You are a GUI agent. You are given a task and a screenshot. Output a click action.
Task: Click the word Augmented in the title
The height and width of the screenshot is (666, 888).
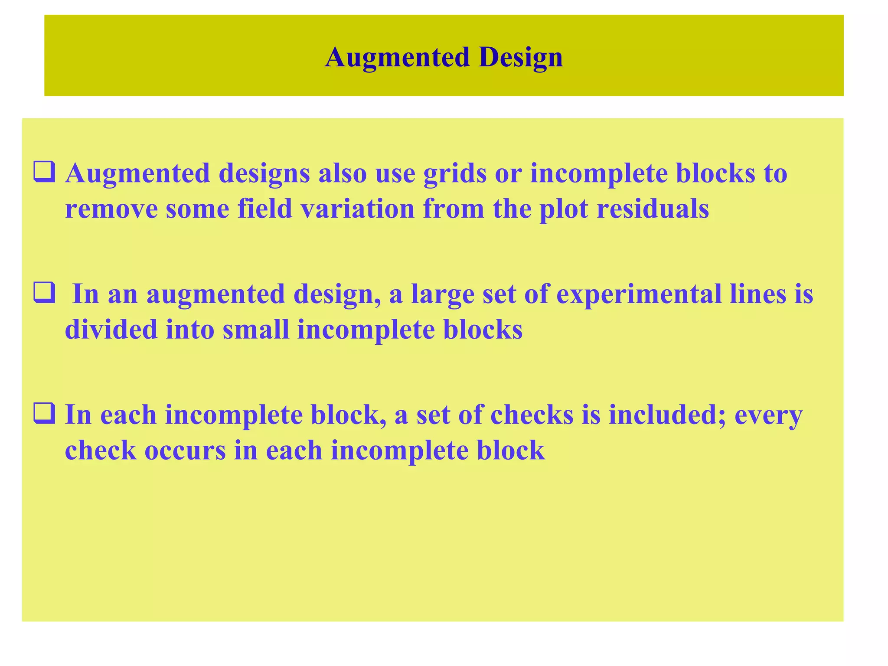point(397,58)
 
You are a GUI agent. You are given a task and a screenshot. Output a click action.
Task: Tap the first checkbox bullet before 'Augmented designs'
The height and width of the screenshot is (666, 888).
point(44,172)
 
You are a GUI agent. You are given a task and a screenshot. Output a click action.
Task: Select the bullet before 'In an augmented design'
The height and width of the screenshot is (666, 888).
point(44,293)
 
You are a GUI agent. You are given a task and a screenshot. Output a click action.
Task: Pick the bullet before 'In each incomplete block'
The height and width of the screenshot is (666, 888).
point(44,414)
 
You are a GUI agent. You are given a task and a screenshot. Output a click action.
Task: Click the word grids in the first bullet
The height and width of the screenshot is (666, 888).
point(455,173)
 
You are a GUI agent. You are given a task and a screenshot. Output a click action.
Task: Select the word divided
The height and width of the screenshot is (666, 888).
point(111,330)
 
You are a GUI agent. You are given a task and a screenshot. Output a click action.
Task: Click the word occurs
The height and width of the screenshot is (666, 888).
point(185,451)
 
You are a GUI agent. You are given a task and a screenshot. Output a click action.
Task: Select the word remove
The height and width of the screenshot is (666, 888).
point(111,209)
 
